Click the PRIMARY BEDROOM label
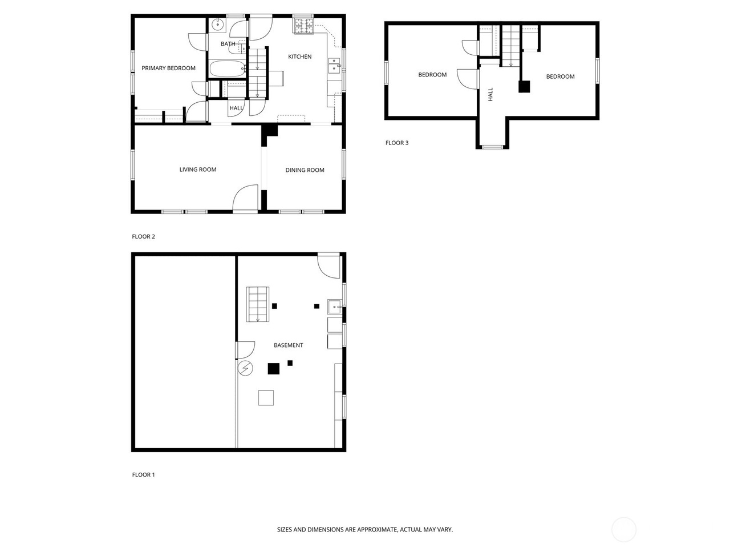click(168, 68)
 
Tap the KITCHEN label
click(299, 57)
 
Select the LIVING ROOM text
click(197, 170)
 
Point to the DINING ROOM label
click(305, 170)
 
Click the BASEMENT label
click(288, 345)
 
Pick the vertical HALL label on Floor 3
click(490, 94)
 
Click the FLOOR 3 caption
click(397, 143)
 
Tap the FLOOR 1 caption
click(143, 475)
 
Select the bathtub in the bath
click(228, 70)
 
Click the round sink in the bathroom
click(217, 25)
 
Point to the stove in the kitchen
click(303, 26)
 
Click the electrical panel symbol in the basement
click(245, 368)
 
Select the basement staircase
click(257, 304)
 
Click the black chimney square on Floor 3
click(524, 87)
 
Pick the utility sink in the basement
click(334, 307)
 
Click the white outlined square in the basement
click(266, 397)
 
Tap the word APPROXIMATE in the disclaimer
click(376, 530)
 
